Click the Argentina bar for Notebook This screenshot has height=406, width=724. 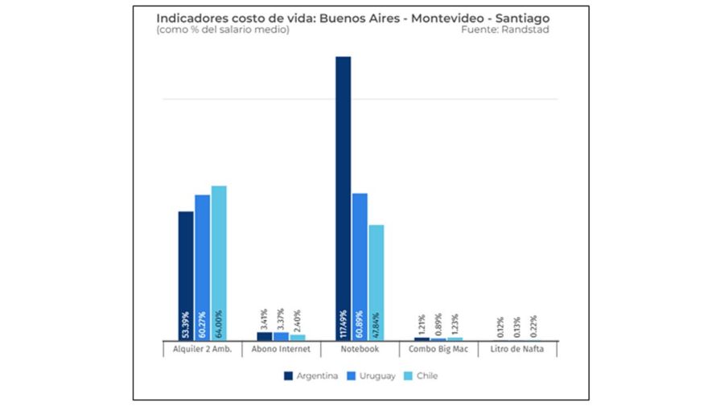tap(343, 185)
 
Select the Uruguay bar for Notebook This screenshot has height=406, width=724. tap(360, 257)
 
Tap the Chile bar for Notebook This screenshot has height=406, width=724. tap(376, 273)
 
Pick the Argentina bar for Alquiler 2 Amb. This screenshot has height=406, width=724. tap(186, 265)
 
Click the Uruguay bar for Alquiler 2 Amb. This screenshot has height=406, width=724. tap(202, 257)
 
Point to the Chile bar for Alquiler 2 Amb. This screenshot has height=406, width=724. tap(219, 253)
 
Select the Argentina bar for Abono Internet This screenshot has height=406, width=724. tap(265, 336)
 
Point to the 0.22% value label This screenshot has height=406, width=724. tap(533, 326)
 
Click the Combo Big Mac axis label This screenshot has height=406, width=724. tap(438, 350)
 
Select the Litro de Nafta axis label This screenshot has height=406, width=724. tap(517, 350)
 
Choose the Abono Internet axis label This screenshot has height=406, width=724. tap(281, 350)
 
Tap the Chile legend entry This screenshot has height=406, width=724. tap(422, 375)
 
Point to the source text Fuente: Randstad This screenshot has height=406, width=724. tap(506, 31)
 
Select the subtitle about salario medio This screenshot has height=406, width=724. tap(223, 31)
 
